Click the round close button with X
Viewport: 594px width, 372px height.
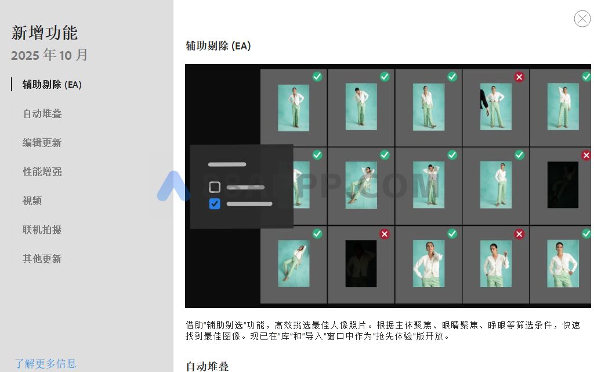point(582,19)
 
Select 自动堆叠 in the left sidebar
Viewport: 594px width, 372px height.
point(42,114)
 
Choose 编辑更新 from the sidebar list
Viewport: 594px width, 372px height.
point(42,143)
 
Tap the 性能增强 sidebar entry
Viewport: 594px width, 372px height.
point(42,172)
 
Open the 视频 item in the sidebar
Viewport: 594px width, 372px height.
point(32,201)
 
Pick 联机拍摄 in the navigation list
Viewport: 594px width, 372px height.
point(42,230)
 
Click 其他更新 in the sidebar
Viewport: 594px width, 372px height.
point(42,259)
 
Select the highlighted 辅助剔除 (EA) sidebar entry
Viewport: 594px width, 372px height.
point(52,85)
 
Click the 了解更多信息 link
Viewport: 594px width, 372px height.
point(45,364)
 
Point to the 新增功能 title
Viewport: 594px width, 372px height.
point(44,33)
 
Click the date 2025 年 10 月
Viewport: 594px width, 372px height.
point(49,55)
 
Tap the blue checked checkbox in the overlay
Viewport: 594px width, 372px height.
point(215,204)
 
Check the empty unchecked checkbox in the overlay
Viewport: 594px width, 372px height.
point(215,187)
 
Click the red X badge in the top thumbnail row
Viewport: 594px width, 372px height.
point(519,77)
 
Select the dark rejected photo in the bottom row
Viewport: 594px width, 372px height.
point(361,263)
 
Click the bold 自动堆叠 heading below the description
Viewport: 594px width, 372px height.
point(207,366)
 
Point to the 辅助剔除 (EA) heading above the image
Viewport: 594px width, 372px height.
point(218,46)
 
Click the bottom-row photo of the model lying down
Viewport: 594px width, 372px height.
point(294,263)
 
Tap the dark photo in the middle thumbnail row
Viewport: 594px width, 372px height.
point(563,185)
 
